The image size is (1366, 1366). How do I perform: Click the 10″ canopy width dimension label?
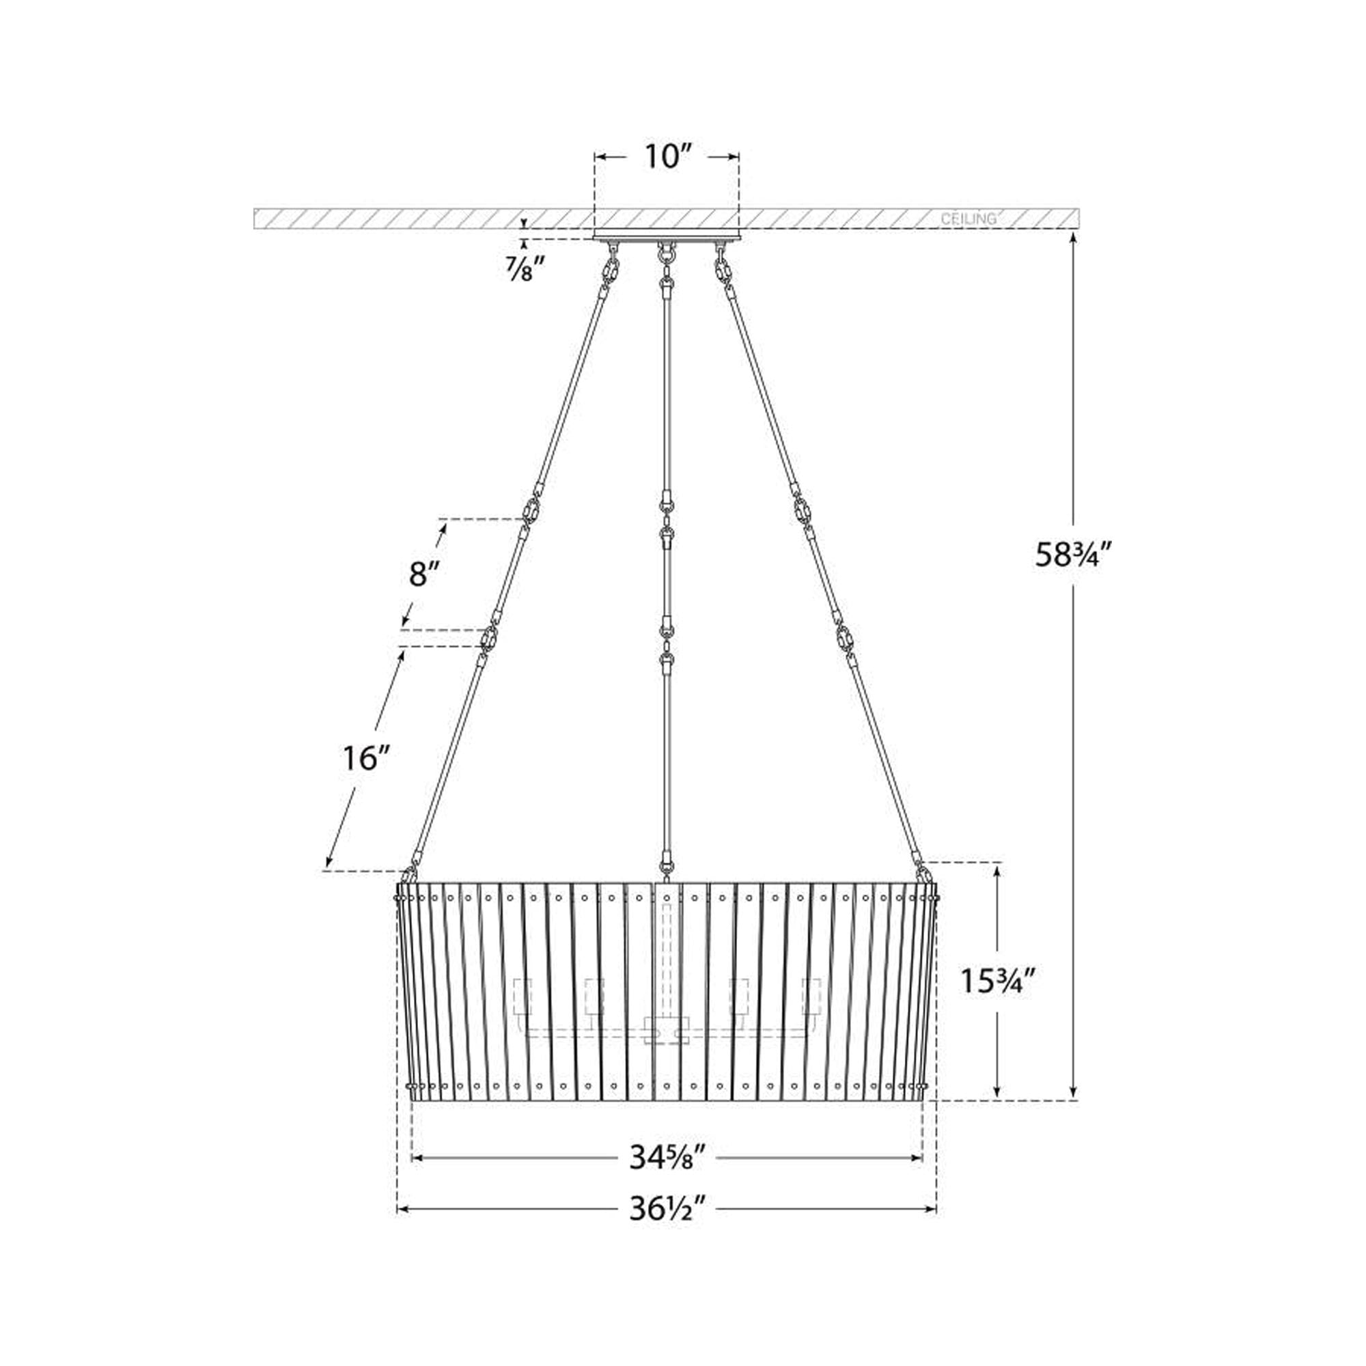tap(667, 157)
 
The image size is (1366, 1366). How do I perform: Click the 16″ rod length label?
tap(367, 759)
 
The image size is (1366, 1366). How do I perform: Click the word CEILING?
tap(968, 219)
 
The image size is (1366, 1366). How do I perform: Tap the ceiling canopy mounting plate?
tap(666, 236)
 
